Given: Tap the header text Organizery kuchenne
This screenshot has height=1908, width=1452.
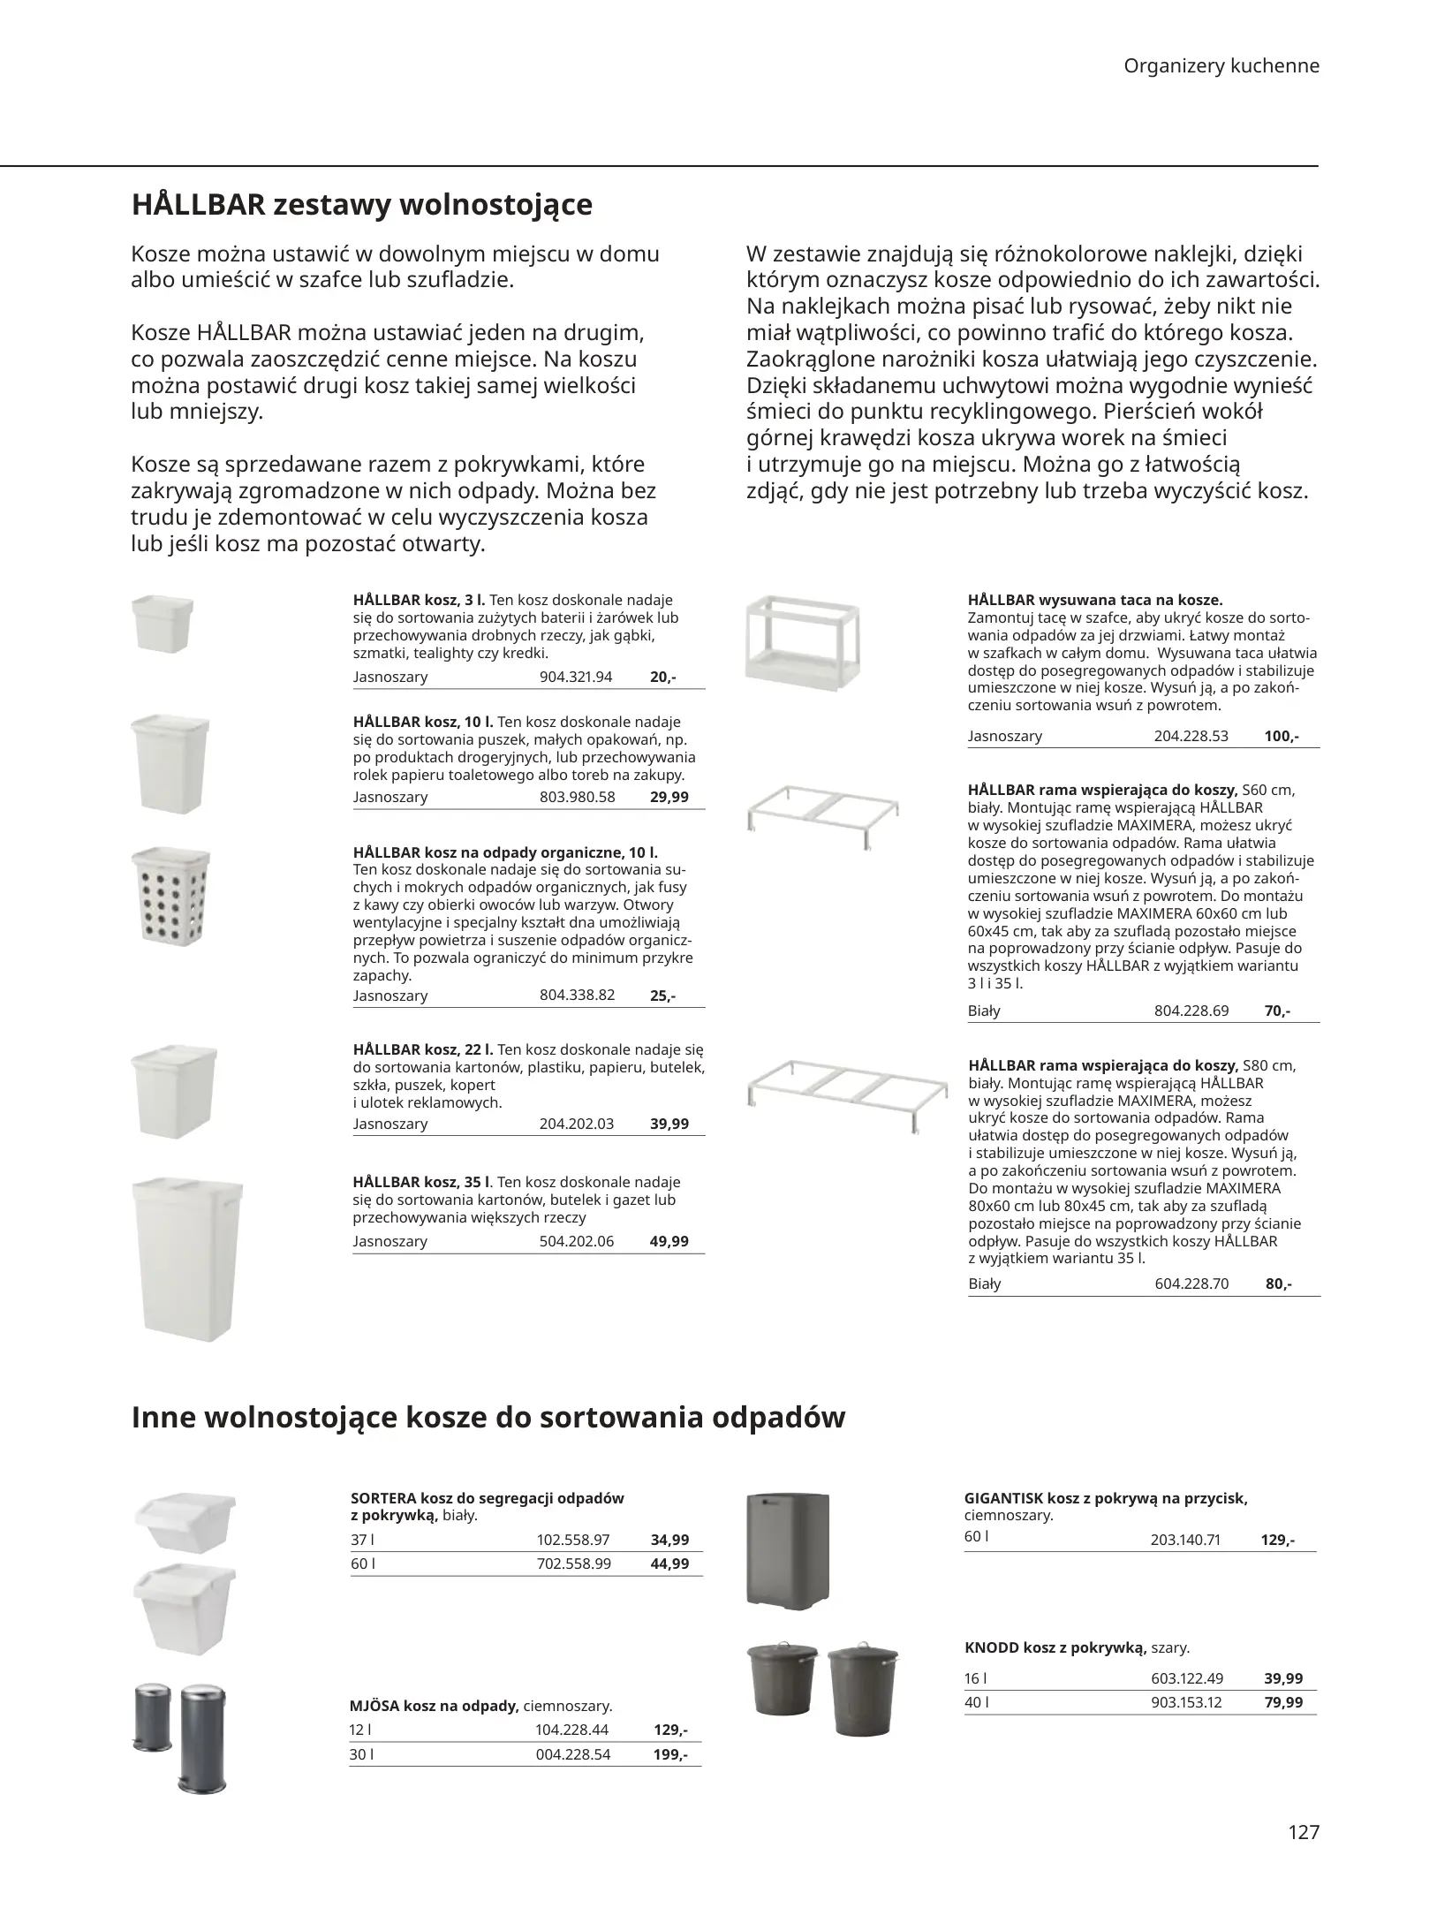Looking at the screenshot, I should pos(1221,66).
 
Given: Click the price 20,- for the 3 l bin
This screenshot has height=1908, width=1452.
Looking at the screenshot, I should pos(662,678).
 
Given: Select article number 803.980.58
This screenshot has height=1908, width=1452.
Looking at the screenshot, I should pos(577,797).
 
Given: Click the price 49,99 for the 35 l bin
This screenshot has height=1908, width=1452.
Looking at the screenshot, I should pos(669,1241).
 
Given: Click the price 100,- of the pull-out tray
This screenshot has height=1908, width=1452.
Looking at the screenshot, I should pos(1281,736).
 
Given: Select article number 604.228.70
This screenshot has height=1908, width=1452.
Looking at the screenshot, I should pos(1191,1283).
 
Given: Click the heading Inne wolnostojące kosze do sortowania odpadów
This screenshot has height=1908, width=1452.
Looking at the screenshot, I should pos(488,1418).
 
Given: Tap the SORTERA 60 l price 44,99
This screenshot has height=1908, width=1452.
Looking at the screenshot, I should pos(669,1563).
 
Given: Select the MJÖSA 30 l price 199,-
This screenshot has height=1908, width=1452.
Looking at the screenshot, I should pos(670,1755).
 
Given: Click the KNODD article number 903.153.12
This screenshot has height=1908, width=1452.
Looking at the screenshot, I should pos(1186,1702).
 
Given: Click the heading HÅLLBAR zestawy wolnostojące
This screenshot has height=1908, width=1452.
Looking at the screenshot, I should pos(361,206).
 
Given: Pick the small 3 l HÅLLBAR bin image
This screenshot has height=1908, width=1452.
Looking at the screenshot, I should pos(162,623).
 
